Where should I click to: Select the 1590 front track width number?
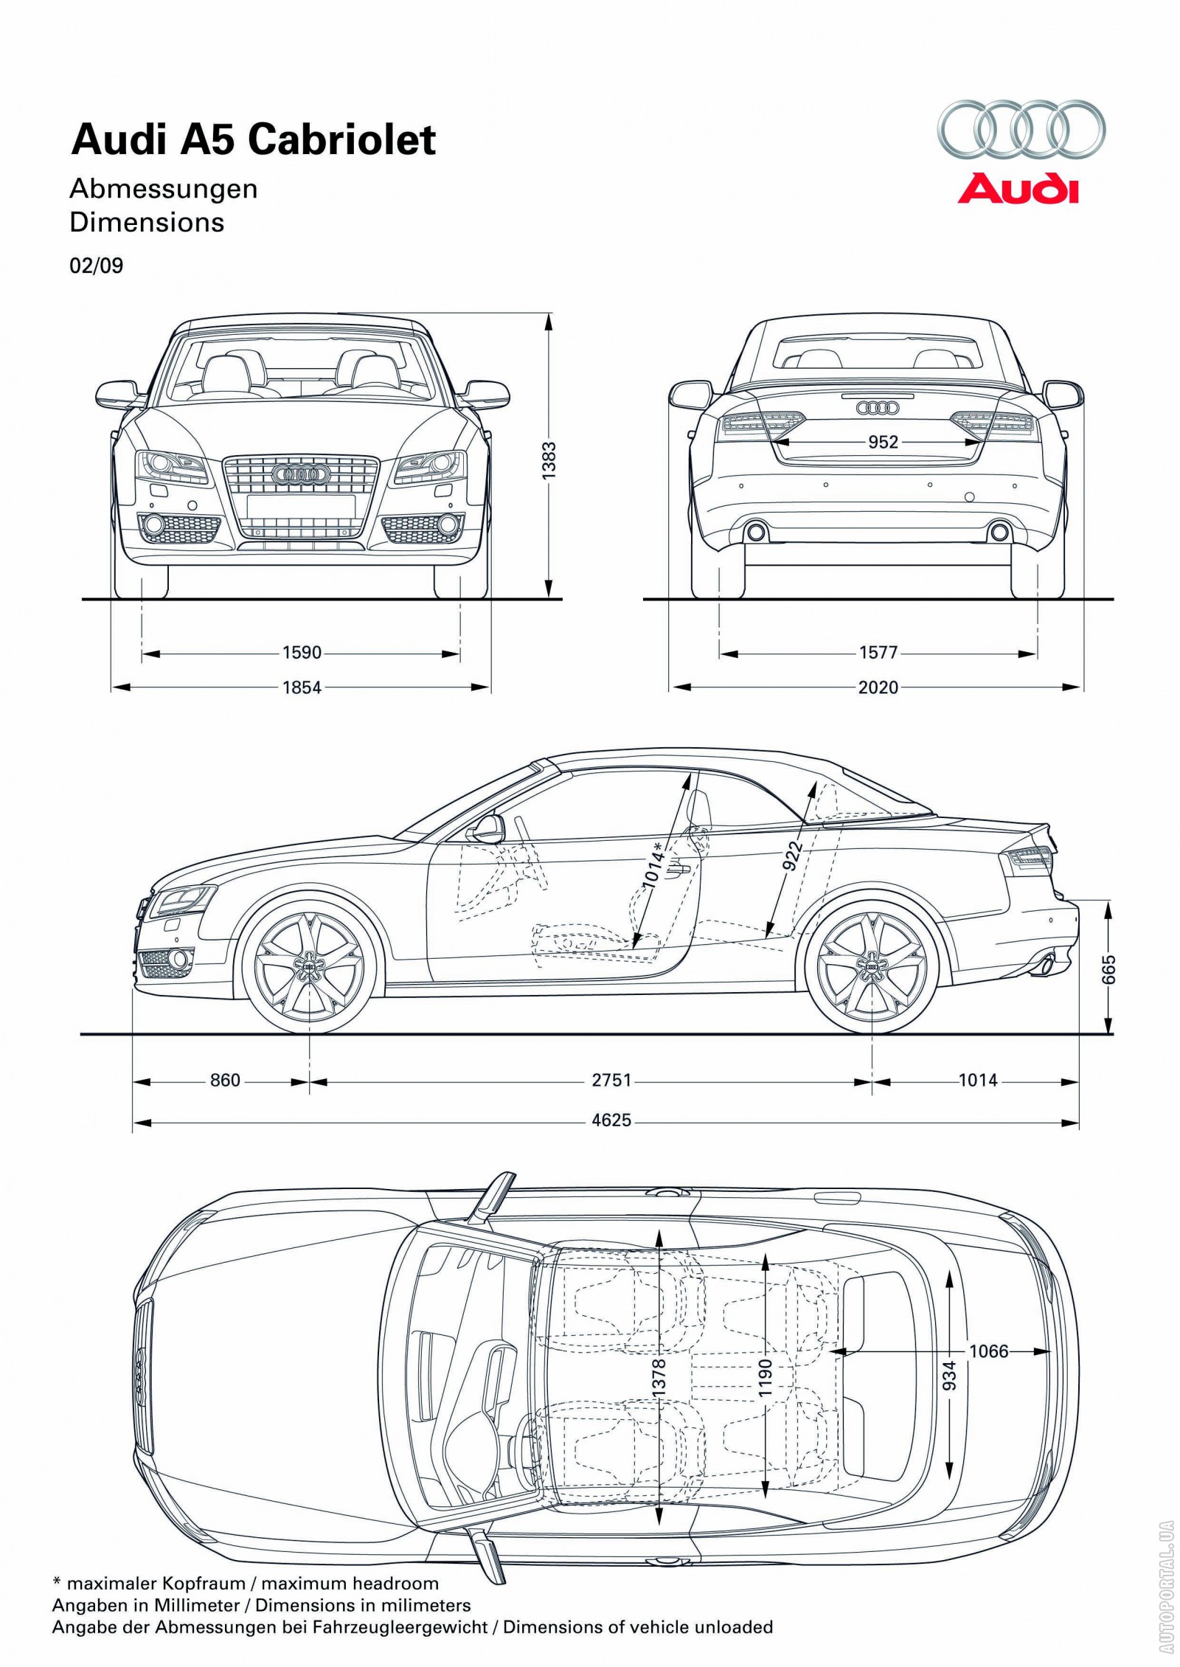coord(302,653)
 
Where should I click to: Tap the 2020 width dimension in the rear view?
coord(878,687)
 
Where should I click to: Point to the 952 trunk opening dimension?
coord(883,442)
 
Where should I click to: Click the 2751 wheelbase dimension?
coord(611,1080)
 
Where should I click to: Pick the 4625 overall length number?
coord(611,1120)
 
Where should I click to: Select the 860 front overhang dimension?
coord(225,1080)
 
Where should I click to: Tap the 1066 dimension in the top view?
coord(988,1351)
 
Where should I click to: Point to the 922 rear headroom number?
coord(793,856)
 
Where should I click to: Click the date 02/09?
coord(97,266)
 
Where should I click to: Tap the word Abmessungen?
coord(164,189)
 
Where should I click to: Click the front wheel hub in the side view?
coord(309,966)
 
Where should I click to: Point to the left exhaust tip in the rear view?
coord(755,532)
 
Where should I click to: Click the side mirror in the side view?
coord(487,828)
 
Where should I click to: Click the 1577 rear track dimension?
coord(878,653)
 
